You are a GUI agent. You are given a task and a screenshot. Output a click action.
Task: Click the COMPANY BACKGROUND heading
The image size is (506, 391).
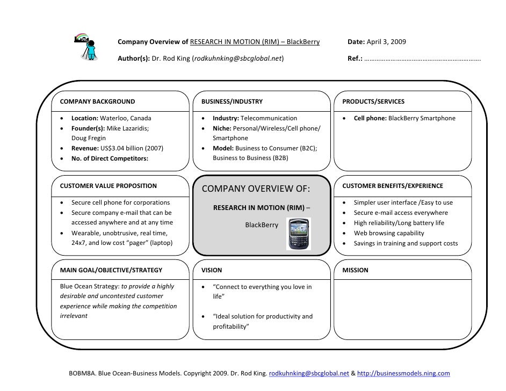pos(97,102)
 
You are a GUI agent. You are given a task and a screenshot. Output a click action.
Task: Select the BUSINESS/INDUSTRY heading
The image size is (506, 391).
pos(232,102)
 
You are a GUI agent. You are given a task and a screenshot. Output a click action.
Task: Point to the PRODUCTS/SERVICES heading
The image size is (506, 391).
pos(373,102)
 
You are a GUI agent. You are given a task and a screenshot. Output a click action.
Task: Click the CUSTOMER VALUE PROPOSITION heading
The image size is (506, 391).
pos(109,186)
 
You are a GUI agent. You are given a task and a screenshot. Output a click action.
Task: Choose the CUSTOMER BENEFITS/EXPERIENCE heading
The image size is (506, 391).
pos(393,186)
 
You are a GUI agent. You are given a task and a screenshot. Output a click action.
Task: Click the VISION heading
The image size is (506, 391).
pos(211,270)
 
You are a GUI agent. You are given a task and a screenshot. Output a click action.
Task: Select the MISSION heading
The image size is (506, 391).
pos(355,270)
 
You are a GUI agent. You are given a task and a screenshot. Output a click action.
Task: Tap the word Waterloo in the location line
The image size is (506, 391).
pos(113,118)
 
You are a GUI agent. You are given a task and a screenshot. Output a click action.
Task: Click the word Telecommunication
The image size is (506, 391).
pos(269,118)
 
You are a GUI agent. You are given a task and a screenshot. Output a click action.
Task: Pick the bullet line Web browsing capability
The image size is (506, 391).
pos(388,233)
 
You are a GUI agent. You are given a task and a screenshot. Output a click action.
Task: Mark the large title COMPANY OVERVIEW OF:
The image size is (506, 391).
pos(256,189)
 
